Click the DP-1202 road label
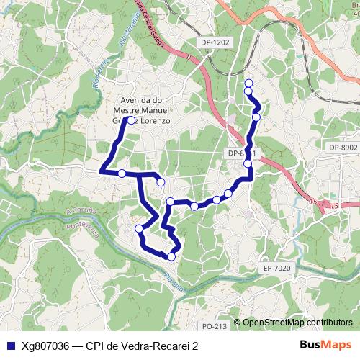(215, 42)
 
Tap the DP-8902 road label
(343, 147)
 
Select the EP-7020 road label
(276, 268)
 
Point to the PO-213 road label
(215, 327)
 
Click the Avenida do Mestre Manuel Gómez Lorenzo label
(142, 111)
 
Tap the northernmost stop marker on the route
(248, 83)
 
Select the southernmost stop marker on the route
(171, 256)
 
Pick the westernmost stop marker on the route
(122, 173)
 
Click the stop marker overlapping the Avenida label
(131, 120)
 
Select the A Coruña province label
(79, 210)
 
